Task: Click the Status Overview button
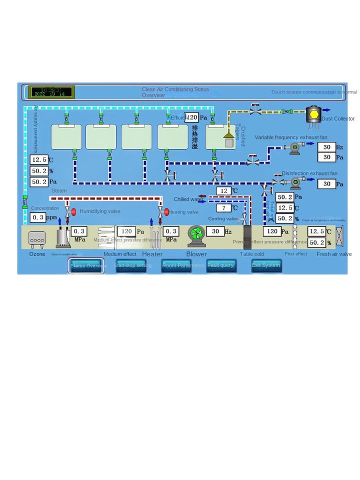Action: [87, 265]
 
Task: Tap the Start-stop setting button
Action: [131, 265]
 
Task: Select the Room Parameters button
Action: [176, 265]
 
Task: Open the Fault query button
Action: [221, 265]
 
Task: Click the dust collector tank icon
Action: [313, 115]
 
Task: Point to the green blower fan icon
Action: [196, 235]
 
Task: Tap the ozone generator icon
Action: [37, 239]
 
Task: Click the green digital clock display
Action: [51, 92]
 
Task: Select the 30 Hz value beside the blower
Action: [215, 231]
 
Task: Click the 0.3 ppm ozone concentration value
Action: [38, 217]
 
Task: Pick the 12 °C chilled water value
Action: [224, 191]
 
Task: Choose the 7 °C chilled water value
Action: [224, 208]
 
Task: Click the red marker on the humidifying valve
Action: [73, 212]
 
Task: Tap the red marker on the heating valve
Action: [166, 212]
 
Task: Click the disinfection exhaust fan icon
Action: [295, 182]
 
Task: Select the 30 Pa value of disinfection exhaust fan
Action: [326, 184]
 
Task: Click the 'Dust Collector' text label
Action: [338, 118]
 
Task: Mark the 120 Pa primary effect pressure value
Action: [272, 231]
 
